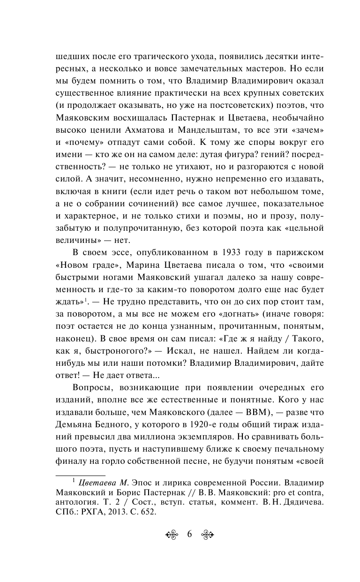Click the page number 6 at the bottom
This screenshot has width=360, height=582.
pos(190,534)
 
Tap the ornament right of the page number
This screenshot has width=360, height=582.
pos(207,535)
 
